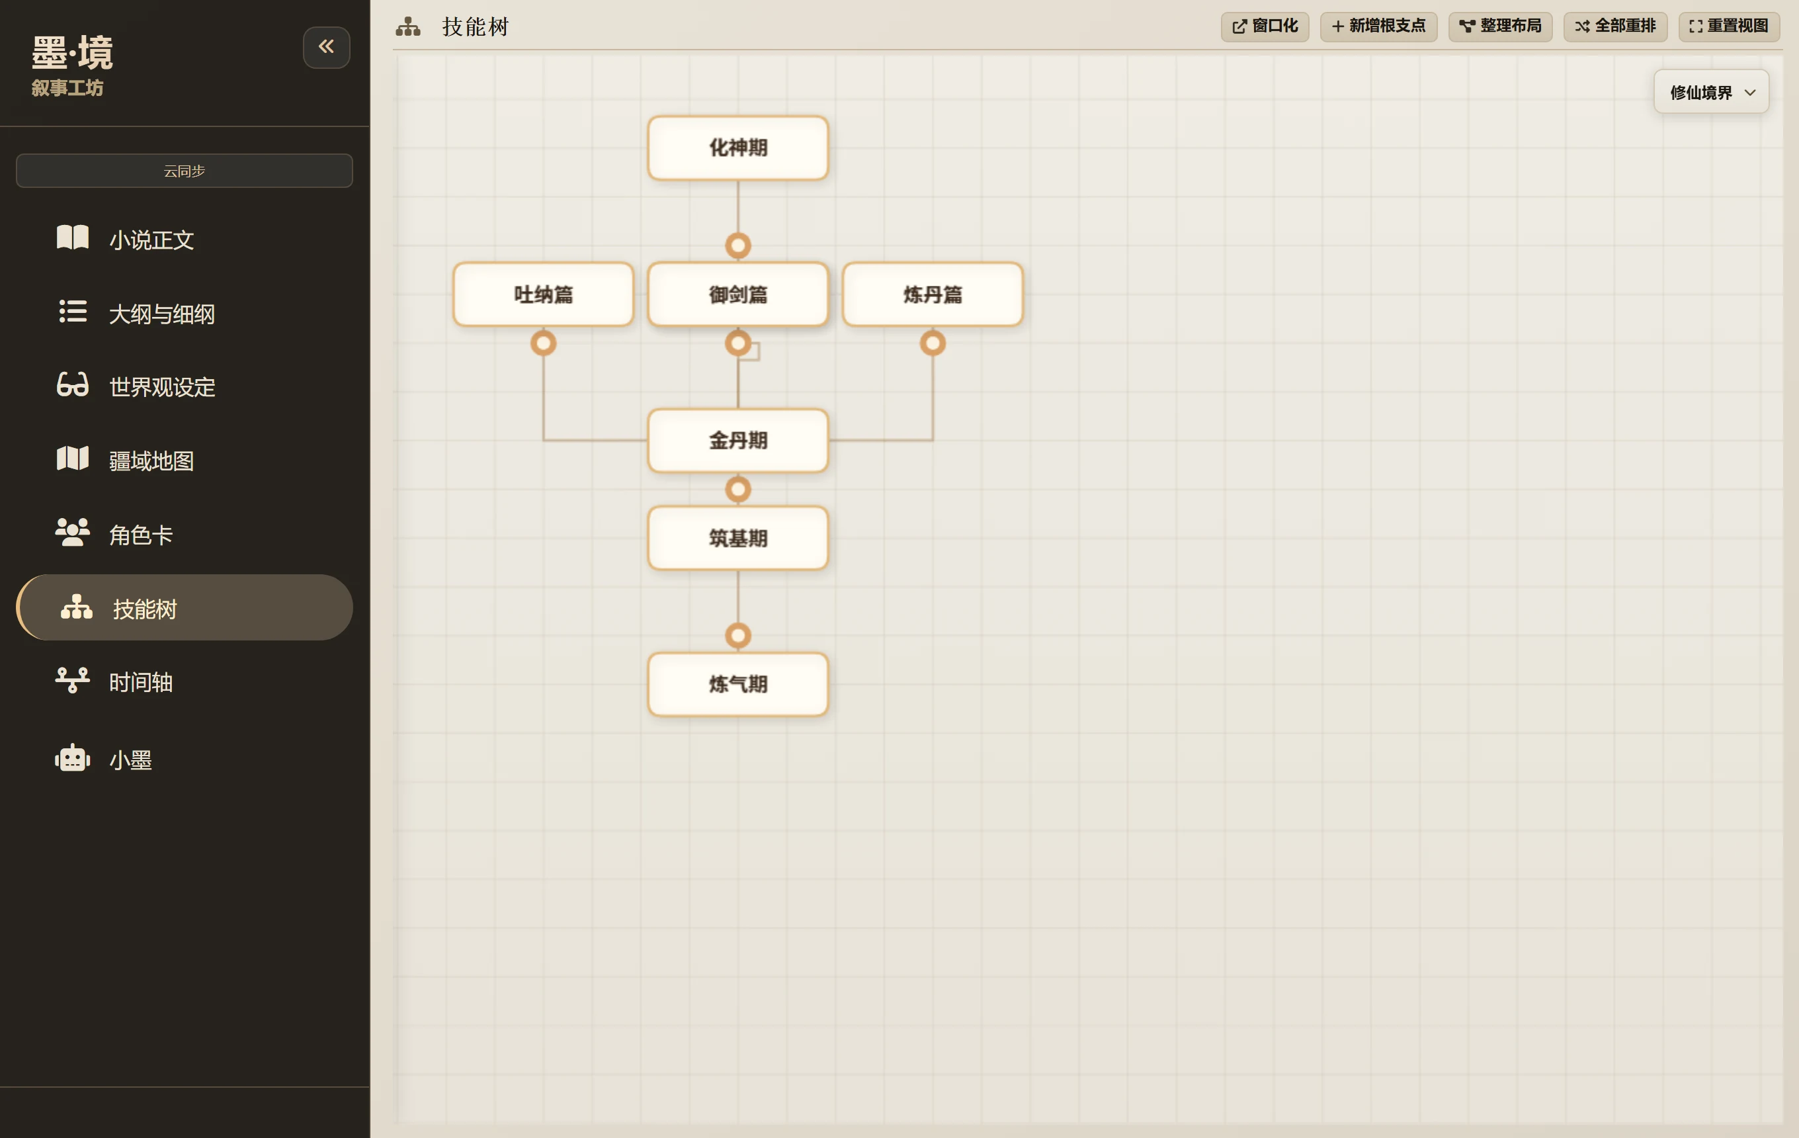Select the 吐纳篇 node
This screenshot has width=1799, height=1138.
(x=543, y=294)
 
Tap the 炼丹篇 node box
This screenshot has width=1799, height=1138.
(x=933, y=294)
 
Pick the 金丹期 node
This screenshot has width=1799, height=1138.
(x=738, y=440)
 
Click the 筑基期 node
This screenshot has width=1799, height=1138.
(x=738, y=538)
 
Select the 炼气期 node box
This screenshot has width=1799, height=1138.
(x=738, y=684)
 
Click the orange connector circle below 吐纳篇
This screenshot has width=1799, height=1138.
(x=543, y=343)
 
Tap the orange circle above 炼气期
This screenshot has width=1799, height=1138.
(x=738, y=635)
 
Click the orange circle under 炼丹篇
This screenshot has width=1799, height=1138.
(x=933, y=343)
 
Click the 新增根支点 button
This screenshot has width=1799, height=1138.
(x=1378, y=26)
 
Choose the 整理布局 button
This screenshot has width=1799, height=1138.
(x=1500, y=26)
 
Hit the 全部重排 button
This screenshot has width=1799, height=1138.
(x=1615, y=26)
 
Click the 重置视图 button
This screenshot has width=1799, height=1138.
(x=1729, y=26)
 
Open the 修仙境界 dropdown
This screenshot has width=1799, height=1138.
(x=1711, y=92)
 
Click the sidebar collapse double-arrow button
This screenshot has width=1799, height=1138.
(x=327, y=47)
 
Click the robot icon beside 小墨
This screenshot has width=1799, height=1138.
(x=73, y=758)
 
